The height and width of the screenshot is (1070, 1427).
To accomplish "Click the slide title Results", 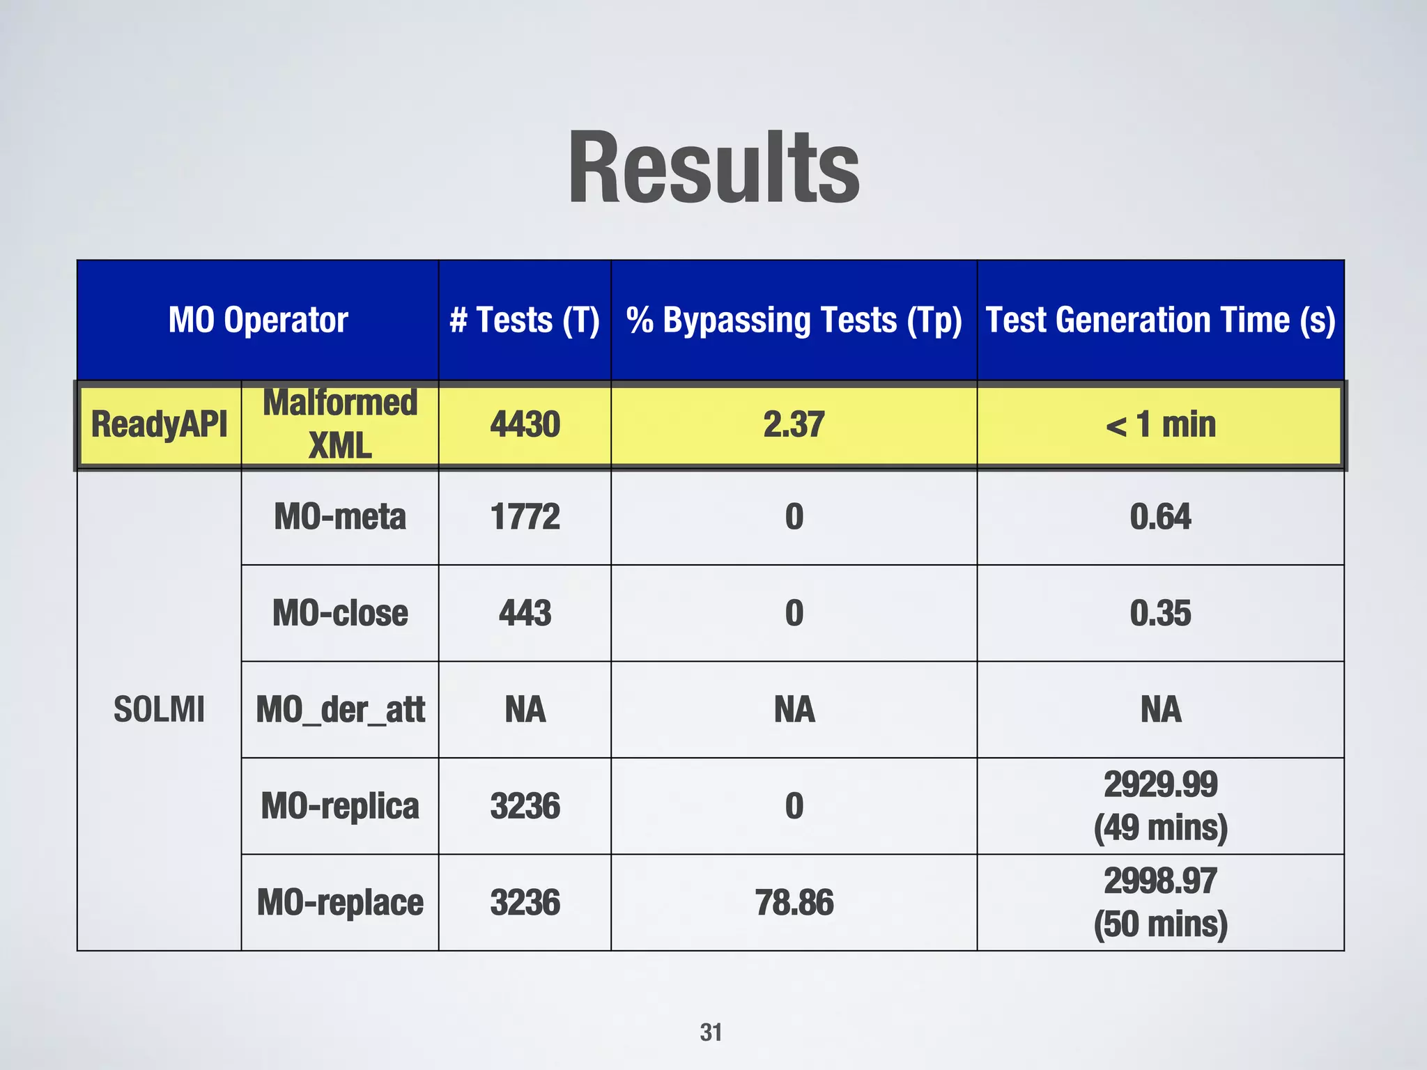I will [713, 169].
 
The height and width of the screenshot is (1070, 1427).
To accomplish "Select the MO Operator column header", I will [258, 320].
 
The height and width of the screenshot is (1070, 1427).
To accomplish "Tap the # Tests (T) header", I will [525, 320].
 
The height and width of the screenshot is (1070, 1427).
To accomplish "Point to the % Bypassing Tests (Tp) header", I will [794, 320].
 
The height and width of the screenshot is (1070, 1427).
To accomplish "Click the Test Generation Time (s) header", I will [1160, 320].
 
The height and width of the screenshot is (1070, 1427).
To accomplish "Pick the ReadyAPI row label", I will [160, 424].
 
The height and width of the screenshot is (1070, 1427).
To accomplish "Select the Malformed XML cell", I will [340, 424].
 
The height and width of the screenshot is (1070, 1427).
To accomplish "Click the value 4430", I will [525, 424].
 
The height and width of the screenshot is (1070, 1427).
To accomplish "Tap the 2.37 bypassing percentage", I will [794, 424].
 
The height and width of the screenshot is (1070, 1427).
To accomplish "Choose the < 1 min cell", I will [1160, 424].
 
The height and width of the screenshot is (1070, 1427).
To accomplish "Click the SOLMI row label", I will [160, 710].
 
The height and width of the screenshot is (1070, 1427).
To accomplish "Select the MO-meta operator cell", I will [340, 517].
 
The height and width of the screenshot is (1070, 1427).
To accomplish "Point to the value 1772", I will [525, 517].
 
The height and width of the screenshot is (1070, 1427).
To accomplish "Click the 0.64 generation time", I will [1160, 517].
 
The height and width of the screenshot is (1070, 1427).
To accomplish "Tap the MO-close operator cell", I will [340, 613].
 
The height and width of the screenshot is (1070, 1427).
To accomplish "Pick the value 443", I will [525, 613].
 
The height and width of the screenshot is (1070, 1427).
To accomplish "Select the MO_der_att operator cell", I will [340, 710].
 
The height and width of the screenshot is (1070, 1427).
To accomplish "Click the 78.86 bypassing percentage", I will [794, 903].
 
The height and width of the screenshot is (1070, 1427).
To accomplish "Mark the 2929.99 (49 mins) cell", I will [1160, 806].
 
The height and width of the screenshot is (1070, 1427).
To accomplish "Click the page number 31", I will [711, 1032].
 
